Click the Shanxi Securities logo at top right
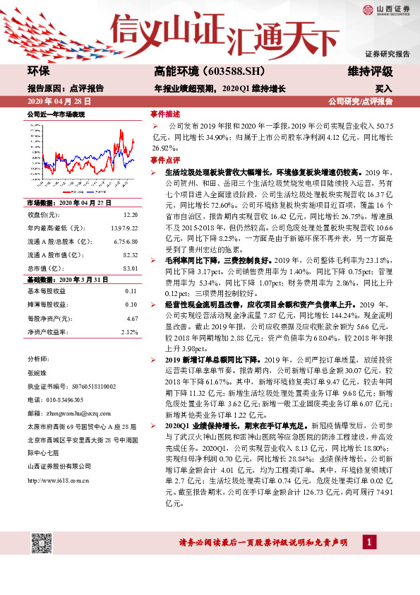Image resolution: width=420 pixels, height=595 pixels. tap(386, 10)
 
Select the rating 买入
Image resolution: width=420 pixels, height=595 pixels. tap(383, 89)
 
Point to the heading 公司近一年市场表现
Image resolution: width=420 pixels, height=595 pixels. tap(55, 113)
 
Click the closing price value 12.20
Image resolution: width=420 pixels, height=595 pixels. tap(130, 213)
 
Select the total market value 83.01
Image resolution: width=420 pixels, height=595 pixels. tap(129, 267)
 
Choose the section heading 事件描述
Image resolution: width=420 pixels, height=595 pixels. tap(164, 113)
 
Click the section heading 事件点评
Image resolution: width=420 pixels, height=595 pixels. tap(164, 160)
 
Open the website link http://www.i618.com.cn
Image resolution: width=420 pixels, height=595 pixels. tap(57, 480)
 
